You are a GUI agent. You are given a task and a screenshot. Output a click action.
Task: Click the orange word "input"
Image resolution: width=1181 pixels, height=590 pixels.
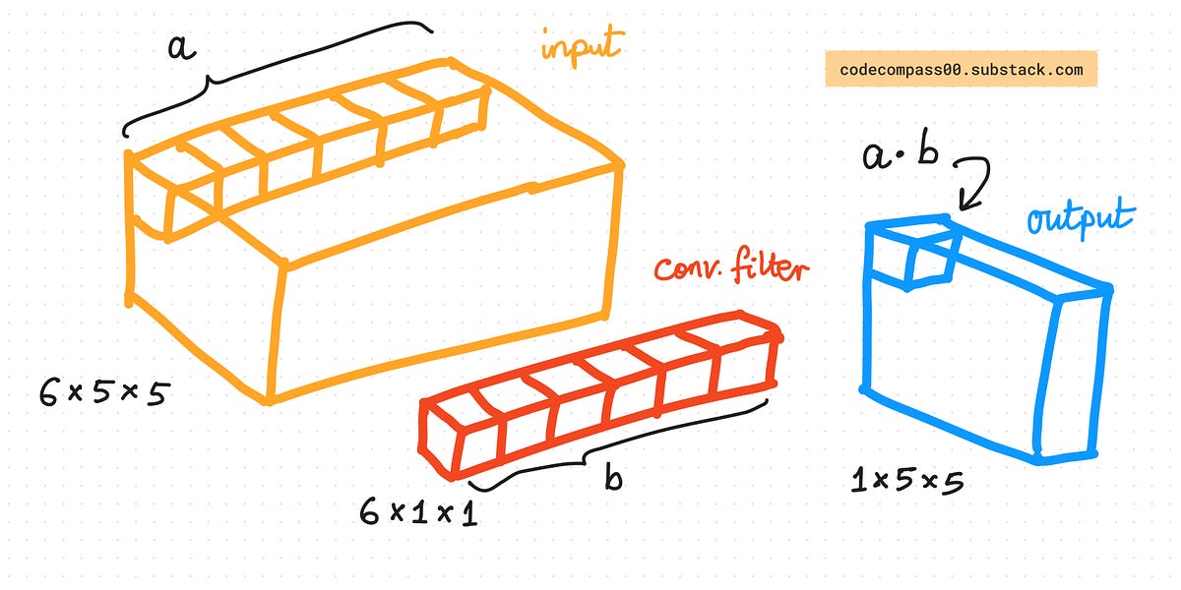tap(582, 43)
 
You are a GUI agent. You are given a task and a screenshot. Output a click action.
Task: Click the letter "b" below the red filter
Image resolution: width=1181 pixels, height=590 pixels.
tap(613, 477)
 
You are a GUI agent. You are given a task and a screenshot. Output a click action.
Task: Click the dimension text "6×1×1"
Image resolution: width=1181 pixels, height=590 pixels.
tap(419, 512)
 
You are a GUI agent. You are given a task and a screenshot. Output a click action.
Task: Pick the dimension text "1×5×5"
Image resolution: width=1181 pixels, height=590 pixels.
tap(905, 481)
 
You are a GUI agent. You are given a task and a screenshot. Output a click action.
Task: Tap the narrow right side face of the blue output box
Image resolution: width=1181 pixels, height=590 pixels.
tap(1073, 374)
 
